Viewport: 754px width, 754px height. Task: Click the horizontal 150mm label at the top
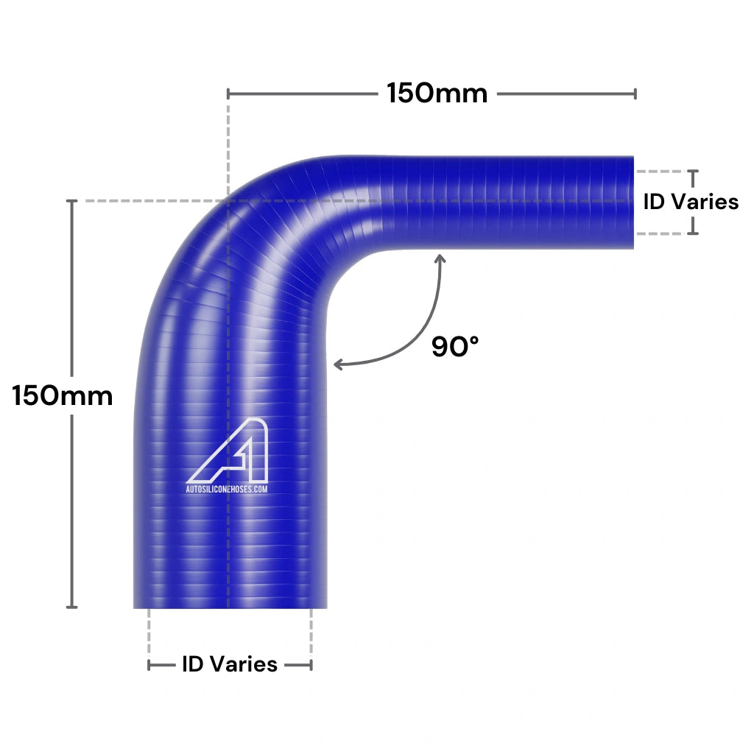click(437, 94)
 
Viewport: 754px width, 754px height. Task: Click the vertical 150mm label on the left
click(63, 396)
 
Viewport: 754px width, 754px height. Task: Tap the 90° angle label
click(455, 346)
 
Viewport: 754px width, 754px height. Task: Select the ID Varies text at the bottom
click(230, 664)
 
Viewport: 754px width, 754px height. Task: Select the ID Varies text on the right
click(691, 202)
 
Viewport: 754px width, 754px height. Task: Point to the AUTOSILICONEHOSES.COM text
click(226, 488)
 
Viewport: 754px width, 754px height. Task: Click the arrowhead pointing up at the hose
click(440, 258)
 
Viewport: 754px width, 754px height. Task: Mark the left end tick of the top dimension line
click(228, 94)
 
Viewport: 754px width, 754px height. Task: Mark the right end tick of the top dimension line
click(635, 94)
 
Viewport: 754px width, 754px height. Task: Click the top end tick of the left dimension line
click(71, 201)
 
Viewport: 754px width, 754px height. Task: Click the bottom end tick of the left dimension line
click(71, 607)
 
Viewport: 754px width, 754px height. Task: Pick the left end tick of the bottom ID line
click(149, 665)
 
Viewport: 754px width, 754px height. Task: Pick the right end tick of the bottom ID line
click(311, 665)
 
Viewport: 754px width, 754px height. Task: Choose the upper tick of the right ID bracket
click(692, 171)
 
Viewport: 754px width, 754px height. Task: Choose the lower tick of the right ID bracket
click(692, 233)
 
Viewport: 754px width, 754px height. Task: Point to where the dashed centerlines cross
click(228, 201)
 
